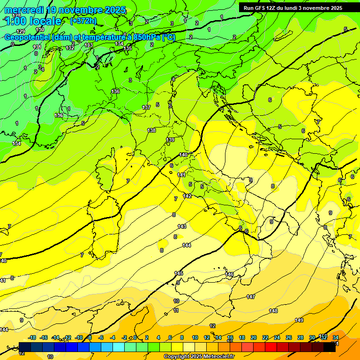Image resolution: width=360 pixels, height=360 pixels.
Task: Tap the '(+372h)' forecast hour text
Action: (83, 21)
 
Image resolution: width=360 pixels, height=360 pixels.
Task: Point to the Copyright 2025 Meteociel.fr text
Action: (199, 357)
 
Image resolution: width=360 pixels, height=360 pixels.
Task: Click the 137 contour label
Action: (146, 108)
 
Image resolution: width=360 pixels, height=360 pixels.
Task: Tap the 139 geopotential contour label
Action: (171, 140)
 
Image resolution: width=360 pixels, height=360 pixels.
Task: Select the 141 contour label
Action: (182, 175)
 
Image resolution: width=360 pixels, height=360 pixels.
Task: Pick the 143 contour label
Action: (182, 226)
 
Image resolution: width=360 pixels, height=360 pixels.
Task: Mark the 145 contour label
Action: (179, 273)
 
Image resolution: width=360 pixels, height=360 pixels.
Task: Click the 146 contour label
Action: (229, 274)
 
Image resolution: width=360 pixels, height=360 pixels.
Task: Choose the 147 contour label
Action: (251, 297)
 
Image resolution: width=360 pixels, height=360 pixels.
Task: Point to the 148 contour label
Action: (273, 311)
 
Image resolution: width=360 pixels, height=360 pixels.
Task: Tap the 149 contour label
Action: (299, 320)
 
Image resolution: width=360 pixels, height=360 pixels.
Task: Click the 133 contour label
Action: (89, 45)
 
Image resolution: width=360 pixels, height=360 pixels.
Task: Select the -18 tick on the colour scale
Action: (32, 337)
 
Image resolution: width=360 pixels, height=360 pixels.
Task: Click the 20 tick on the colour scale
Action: (254, 337)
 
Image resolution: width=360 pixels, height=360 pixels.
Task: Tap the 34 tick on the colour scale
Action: (335, 337)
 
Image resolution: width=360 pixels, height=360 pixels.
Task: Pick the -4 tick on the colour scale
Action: (112, 337)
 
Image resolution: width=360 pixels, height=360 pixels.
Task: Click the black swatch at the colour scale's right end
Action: (329, 347)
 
